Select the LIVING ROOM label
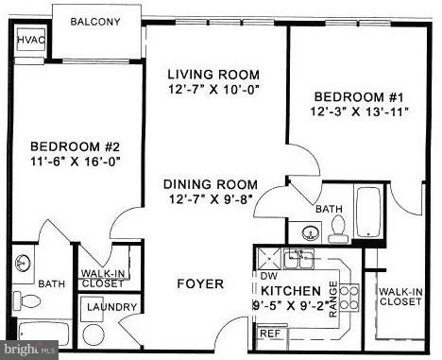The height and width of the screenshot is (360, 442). pos(213,75)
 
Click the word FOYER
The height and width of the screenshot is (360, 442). pos(200,283)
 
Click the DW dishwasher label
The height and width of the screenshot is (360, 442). pos(268,275)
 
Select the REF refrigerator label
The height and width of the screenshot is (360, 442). pos(269,333)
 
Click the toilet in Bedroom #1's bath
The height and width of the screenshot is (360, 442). pos(337,227)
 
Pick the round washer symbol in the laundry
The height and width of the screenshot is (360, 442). pos(93,334)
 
